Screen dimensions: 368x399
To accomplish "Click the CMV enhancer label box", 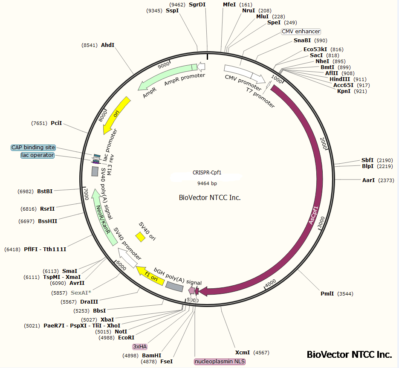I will tap(301, 32).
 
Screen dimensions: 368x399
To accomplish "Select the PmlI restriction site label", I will tap(328, 294).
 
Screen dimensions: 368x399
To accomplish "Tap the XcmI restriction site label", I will tap(243, 353).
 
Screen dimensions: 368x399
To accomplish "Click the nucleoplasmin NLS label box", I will tap(220, 362).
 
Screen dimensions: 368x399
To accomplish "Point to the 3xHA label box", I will tap(140, 347).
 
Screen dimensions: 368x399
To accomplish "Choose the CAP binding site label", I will tap(33, 148).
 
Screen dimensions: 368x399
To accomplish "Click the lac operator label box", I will tap(38, 155).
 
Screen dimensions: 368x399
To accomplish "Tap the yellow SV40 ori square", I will tap(140, 237).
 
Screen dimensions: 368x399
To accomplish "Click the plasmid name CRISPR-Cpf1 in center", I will tap(207, 173).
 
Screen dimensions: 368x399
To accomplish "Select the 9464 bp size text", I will tap(207, 183).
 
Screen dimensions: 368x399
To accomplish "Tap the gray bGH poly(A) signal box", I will tap(175, 287).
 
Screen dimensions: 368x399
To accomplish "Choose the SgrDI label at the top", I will tap(197, 5).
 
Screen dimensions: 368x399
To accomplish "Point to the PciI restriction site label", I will tap(56, 123).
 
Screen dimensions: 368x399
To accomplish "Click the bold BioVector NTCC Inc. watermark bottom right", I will tap(349, 354).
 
